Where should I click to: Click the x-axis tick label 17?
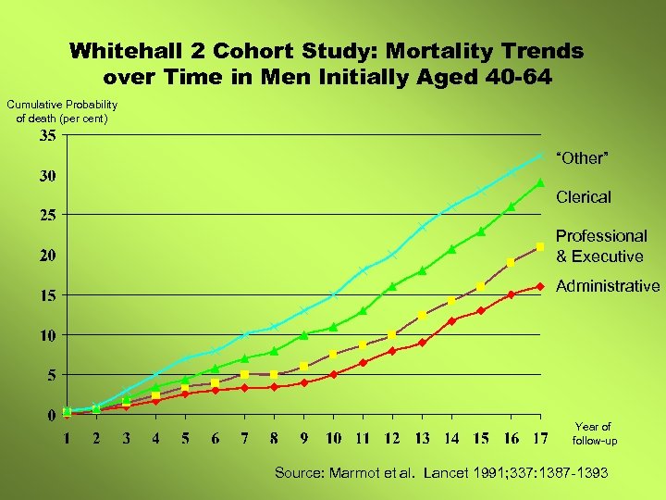coord(540,437)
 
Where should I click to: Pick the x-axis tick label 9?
coord(303,437)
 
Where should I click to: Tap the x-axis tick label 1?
coord(67,437)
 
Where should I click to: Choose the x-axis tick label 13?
coord(422,437)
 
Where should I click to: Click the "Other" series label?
coord(582,158)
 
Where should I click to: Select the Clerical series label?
coord(584,197)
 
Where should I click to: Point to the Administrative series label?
coord(608,286)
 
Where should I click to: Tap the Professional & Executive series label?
coord(600,246)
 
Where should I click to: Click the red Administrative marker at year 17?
coord(540,286)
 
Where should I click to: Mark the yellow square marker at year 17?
coord(540,246)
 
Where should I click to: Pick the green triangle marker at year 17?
coord(540,183)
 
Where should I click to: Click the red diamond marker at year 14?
coord(451,320)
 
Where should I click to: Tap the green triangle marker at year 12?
coord(392,286)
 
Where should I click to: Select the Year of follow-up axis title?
coord(593,433)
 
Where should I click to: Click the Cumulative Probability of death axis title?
coord(62,112)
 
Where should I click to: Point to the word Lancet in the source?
coord(448,473)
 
